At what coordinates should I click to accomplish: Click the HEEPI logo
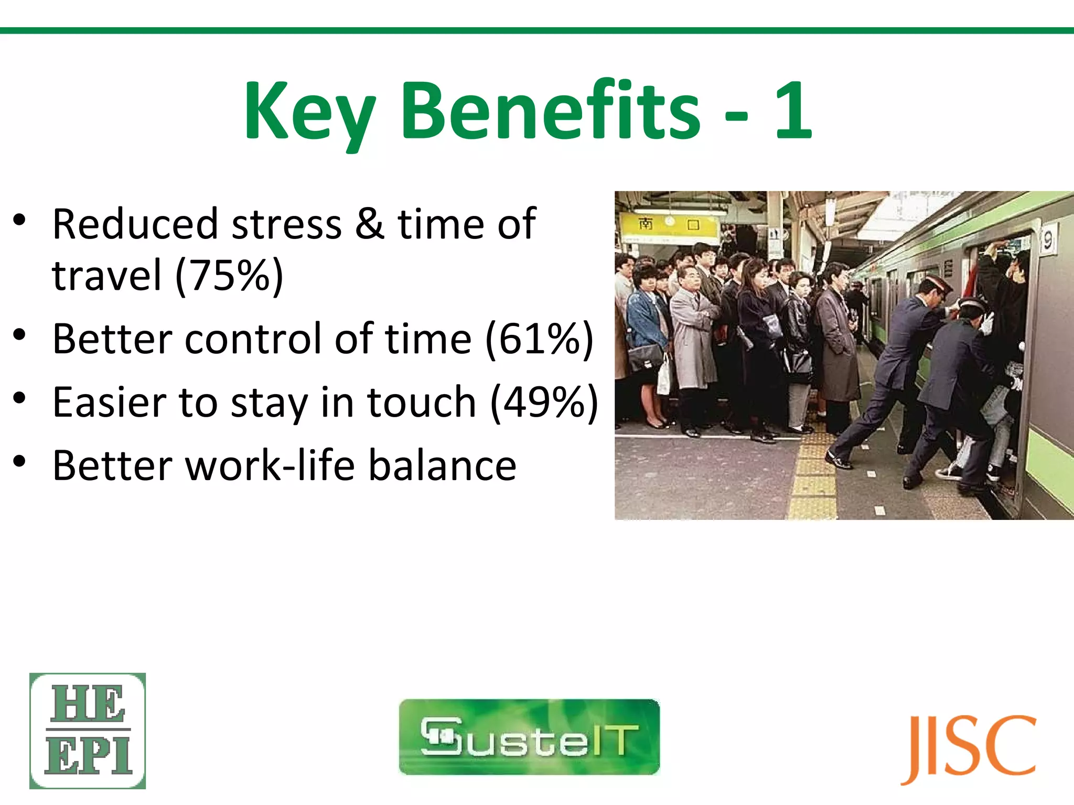click(88, 731)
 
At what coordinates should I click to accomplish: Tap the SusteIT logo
click(529, 736)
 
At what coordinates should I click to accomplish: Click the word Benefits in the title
click(550, 111)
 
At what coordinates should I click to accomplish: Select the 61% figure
click(540, 339)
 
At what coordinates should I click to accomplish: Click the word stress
click(287, 225)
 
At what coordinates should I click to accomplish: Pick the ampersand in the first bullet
click(370, 224)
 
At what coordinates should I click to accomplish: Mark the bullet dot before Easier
click(19, 398)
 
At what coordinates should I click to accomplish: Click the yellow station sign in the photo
click(668, 226)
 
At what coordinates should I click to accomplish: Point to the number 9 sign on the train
click(1047, 240)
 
